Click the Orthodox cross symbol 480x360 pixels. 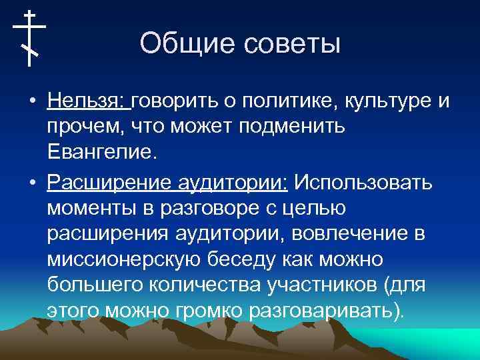click(29, 38)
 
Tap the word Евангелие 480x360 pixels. click(101, 153)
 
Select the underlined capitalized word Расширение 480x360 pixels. click(107, 182)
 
